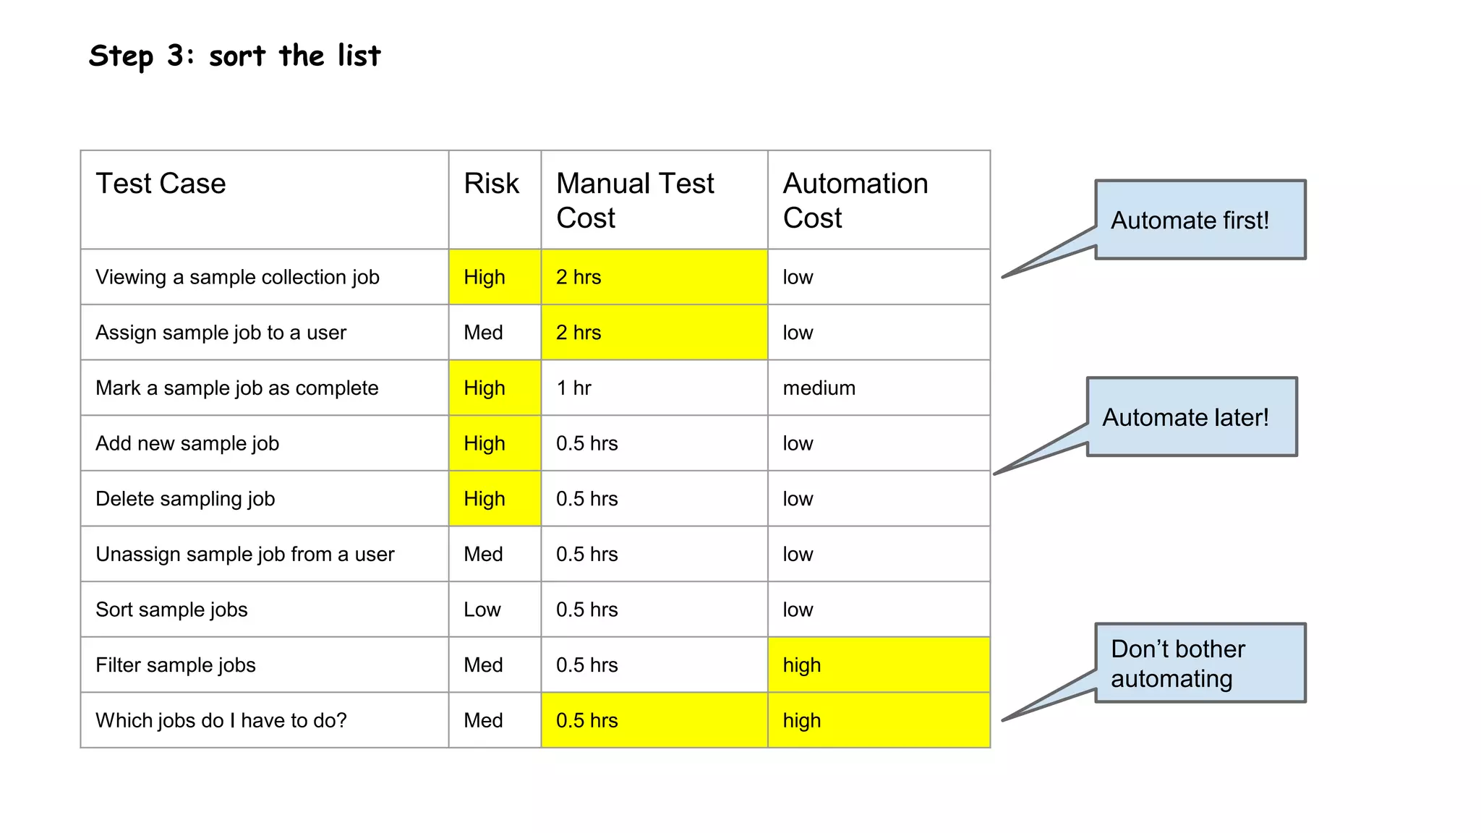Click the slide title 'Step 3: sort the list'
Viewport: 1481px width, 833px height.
pos(234,56)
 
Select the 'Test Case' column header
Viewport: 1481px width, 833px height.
pos(161,184)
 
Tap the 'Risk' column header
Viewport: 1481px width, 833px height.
pos(492,184)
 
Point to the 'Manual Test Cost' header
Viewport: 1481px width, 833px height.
pos(635,200)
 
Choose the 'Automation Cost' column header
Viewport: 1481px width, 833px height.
pos(855,200)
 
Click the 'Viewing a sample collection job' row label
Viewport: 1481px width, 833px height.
pos(237,277)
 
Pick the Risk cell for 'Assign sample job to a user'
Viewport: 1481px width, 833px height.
pos(484,333)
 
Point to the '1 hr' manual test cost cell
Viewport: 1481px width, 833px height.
pos(573,388)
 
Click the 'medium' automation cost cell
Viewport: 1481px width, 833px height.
pos(819,388)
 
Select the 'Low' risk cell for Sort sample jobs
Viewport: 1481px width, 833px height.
pos(482,610)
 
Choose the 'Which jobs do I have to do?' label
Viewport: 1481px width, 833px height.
pos(221,720)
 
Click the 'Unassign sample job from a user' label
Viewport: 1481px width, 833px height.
pos(245,555)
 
